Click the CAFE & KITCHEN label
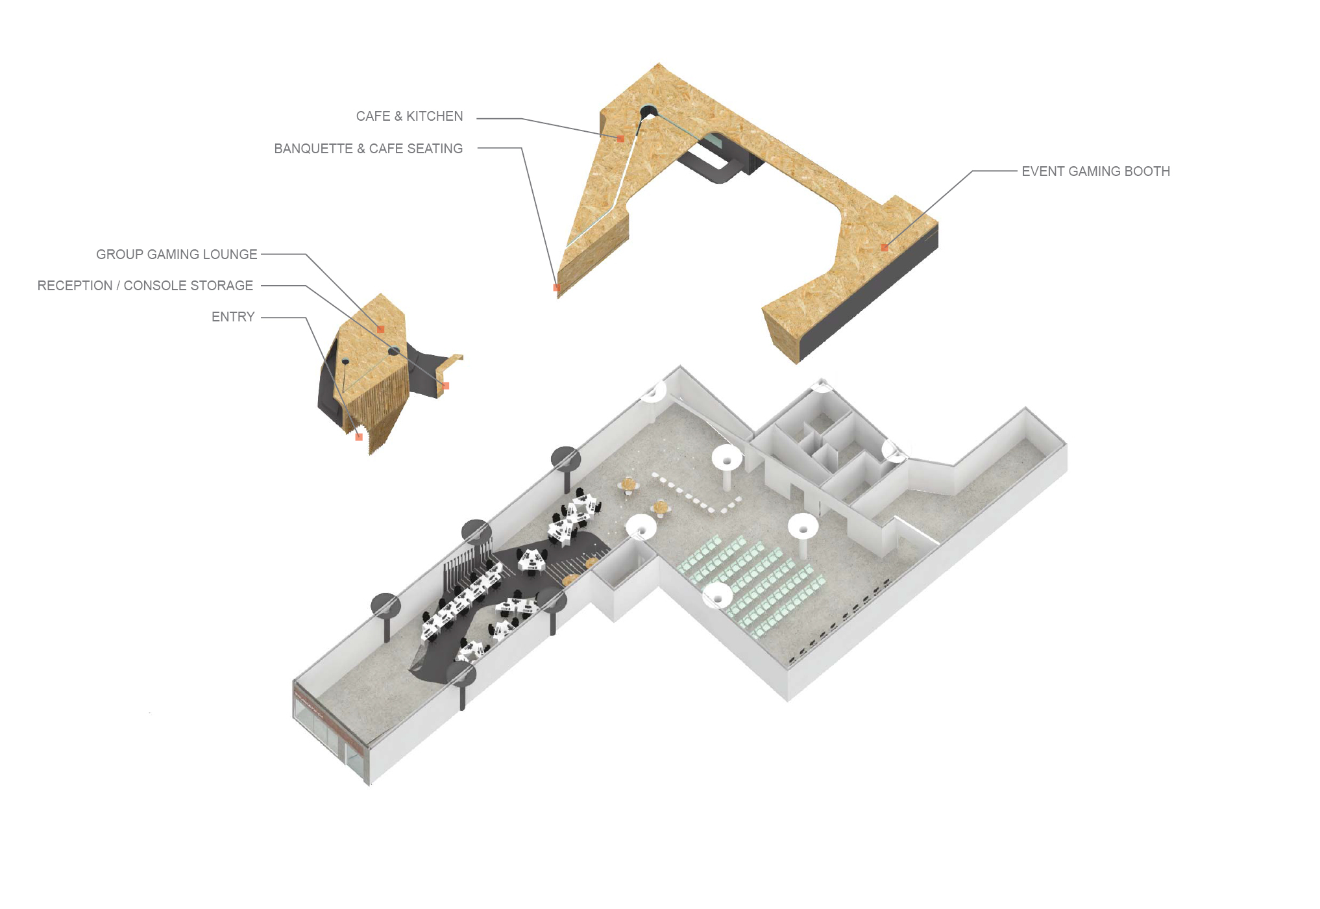click(409, 116)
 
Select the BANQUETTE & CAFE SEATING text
click(368, 149)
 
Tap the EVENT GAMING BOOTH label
click(1095, 171)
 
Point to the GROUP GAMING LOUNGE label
click(177, 255)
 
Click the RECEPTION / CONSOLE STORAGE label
click(145, 286)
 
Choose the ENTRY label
click(233, 317)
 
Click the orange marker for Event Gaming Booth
click(885, 247)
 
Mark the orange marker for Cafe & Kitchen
click(620, 138)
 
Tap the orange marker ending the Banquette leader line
click(556, 287)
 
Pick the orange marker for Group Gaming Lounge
click(381, 329)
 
